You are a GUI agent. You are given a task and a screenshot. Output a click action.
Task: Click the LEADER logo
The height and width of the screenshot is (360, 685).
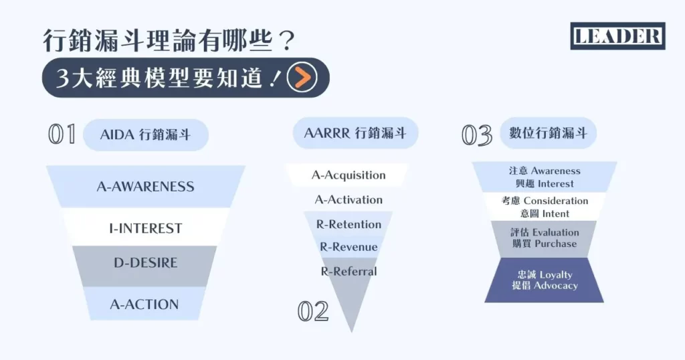coord(617,36)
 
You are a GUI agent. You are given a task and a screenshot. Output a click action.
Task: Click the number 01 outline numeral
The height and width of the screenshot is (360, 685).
coord(62,134)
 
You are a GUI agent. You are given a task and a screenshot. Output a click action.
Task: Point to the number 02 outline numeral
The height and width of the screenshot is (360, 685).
coord(313,311)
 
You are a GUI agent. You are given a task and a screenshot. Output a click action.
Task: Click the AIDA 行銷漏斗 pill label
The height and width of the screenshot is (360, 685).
coord(145,134)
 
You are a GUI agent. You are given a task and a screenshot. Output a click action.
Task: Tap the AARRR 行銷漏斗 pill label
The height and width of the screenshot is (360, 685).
coord(355,132)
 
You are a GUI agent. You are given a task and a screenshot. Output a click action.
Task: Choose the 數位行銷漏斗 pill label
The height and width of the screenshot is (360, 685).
coord(548,132)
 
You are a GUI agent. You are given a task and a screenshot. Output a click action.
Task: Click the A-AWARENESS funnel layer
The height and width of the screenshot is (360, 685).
coord(145,187)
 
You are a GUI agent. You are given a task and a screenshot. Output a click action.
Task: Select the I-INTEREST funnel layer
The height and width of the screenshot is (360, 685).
coord(145,228)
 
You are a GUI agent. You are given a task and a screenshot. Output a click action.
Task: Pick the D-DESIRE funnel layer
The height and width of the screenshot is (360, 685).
coord(145,262)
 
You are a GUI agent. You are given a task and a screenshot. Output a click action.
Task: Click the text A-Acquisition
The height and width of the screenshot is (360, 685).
coord(349,175)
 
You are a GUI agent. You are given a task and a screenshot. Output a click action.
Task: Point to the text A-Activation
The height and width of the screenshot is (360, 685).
coord(349,199)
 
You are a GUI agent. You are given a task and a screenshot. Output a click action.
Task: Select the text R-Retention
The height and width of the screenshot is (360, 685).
coord(349,224)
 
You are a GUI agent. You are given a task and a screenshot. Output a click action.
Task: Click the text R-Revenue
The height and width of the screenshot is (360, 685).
coord(349,247)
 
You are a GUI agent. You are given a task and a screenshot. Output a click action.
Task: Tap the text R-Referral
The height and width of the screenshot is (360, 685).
coord(349,271)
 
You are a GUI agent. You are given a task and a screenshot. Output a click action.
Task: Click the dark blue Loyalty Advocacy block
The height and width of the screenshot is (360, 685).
coord(545,280)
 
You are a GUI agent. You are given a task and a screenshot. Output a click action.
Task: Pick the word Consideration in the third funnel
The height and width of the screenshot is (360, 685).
coord(556,201)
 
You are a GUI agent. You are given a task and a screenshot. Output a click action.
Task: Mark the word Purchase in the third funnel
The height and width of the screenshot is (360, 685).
coord(555,244)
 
